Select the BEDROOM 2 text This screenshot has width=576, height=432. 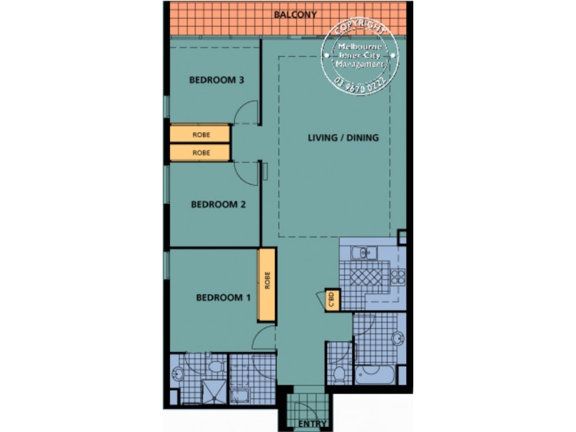(218, 204)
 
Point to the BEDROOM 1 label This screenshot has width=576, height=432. (224, 296)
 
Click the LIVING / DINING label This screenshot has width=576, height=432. (343, 138)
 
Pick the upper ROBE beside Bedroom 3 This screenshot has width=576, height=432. (200, 135)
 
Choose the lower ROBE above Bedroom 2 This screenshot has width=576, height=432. (200, 153)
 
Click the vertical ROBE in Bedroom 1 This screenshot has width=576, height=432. (267, 284)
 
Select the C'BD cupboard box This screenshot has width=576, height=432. (332, 298)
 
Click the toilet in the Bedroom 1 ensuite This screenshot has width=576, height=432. (214, 367)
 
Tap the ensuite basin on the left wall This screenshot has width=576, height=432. (177, 372)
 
